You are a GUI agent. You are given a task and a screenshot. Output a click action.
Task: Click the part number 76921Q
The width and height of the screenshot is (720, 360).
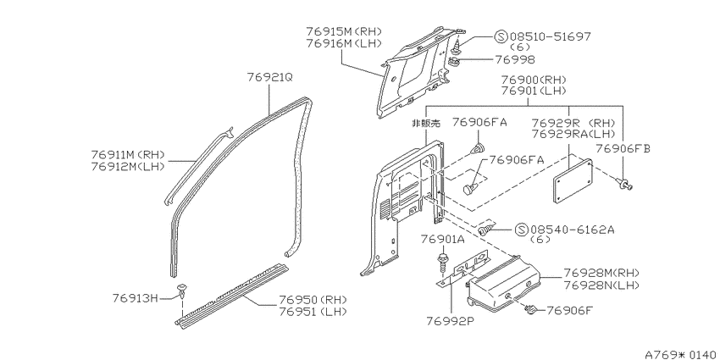pyautogui.click(x=269, y=77)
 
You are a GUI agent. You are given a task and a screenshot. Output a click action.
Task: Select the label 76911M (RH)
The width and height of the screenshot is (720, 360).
pyautogui.click(x=128, y=155)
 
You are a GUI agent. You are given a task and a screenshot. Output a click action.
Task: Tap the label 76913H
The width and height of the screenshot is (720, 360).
pyautogui.click(x=135, y=298)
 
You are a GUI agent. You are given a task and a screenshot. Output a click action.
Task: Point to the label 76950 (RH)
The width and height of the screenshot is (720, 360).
pyautogui.click(x=313, y=300)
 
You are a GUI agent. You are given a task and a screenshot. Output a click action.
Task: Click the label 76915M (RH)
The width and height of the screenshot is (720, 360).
pyautogui.click(x=344, y=31)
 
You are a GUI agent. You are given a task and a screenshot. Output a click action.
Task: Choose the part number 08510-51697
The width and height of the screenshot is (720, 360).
pyautogui.click(x=550, y=36)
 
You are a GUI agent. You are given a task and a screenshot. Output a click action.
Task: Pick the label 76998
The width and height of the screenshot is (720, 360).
pyautogui.click(x=515, y=59)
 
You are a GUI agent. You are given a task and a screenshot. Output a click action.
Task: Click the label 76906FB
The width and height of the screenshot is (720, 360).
pyautogui.click(x=623, y=148)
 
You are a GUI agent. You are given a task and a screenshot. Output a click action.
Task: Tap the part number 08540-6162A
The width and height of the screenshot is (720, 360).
pyautogui.click(x=572, y=230)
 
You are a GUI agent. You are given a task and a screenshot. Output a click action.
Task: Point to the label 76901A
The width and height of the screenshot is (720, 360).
pyautogui.click(x=443, y=239)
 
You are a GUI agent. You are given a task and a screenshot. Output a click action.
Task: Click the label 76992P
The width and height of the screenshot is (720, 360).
pyautogui.click(x=451, y=319)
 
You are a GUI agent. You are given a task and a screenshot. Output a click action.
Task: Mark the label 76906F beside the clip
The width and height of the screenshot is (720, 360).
pyautogui.click(x=569, y=310)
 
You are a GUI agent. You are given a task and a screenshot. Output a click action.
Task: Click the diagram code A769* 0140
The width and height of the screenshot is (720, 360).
pyautogui.click(x=680, y=354)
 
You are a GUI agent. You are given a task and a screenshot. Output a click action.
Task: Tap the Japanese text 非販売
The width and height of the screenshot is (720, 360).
pyautogui.click(x=426, y=123)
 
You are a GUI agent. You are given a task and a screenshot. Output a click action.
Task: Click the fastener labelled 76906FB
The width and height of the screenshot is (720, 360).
pyautogui.click(x=625, y=184)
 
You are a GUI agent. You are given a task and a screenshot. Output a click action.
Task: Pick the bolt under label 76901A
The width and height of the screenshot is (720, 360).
pyautogui.click(x=443, y=263)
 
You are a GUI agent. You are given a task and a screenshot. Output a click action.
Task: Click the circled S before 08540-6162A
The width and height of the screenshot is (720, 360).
pyautogui.click(x=521, y=230)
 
